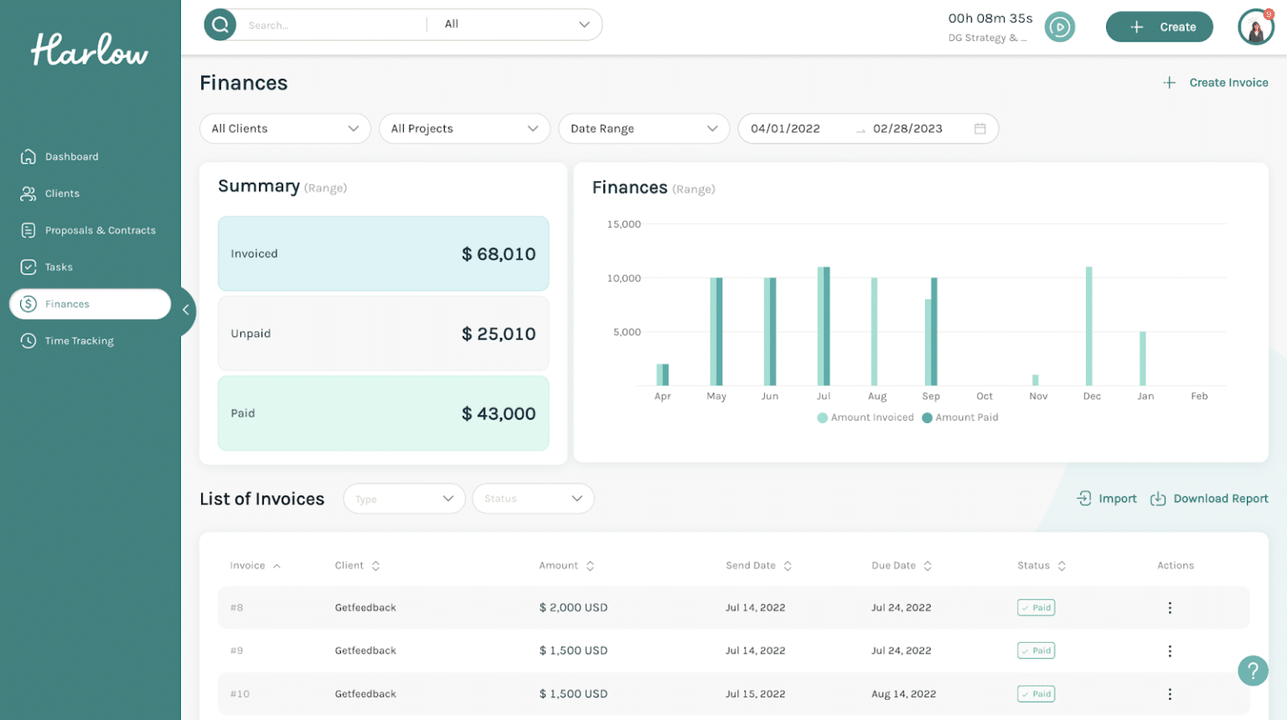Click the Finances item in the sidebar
(67, 304)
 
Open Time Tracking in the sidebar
(79, 341)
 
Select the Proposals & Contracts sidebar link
(100, 231)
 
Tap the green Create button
(1159, 27)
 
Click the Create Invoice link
(1228, 83)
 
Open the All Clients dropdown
(285, 129)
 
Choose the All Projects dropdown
(464, 129)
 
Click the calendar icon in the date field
(979, 129)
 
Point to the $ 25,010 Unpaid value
(499, 334)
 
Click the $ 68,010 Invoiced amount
(499, 254)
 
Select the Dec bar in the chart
(1088, 327)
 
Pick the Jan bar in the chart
(1142, 359)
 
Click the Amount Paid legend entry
(965, 417)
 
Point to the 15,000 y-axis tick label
(623, 225)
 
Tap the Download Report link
(1220, 499)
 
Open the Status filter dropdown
(533, 499)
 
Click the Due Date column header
(893, 566)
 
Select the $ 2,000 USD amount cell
(573, 608)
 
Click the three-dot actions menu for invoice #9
(1170, 651)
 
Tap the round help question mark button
(1253, 671)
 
